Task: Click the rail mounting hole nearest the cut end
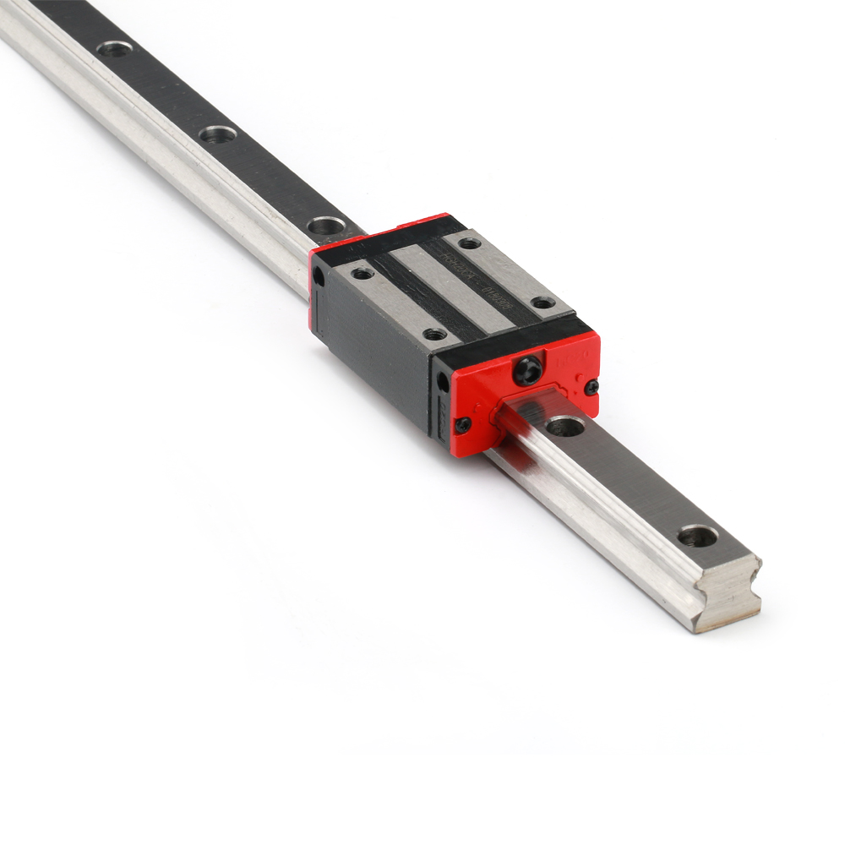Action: coord(697,535)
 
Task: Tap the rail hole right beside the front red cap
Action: coord(564,427)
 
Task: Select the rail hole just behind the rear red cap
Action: coord(325,226)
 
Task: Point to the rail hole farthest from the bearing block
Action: coord(114,49)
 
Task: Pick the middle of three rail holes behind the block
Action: coord(218,134)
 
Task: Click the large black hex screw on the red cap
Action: coord(528,370)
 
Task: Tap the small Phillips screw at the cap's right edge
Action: coord(591,387)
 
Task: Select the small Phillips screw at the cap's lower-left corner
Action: coord(463,425)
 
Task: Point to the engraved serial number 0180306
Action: coord(499,298)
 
